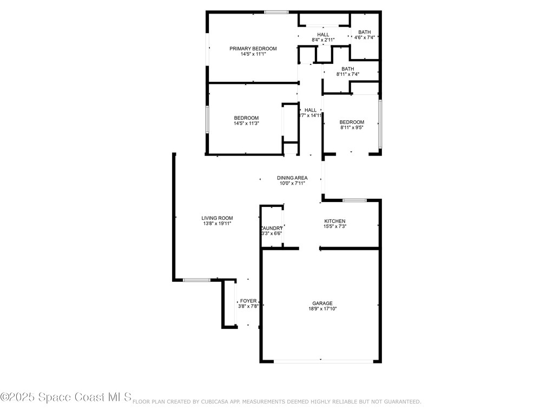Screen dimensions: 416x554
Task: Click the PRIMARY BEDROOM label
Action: coord(253,48)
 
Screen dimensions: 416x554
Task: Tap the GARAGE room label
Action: coord(322,303)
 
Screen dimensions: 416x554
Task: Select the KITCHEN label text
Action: coord(334,221)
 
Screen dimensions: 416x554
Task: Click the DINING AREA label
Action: coord(292,178)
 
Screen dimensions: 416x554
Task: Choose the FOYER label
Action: coord(248,301)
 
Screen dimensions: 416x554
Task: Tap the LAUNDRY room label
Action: coord(272,228)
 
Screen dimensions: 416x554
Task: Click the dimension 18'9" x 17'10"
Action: coord(322,309)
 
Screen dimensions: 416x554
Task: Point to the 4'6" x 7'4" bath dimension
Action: coord(365,37)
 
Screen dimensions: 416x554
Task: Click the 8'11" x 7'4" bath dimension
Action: coord(347,74)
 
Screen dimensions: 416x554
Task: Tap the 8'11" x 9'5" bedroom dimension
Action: coord(352,128)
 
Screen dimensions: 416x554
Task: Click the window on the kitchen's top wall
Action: coord(354,200)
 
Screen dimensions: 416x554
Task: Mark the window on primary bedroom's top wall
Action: coord(276,12)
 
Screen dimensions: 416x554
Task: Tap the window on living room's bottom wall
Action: coord(196,279)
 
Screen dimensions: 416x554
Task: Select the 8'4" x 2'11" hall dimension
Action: coord(323,40)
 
